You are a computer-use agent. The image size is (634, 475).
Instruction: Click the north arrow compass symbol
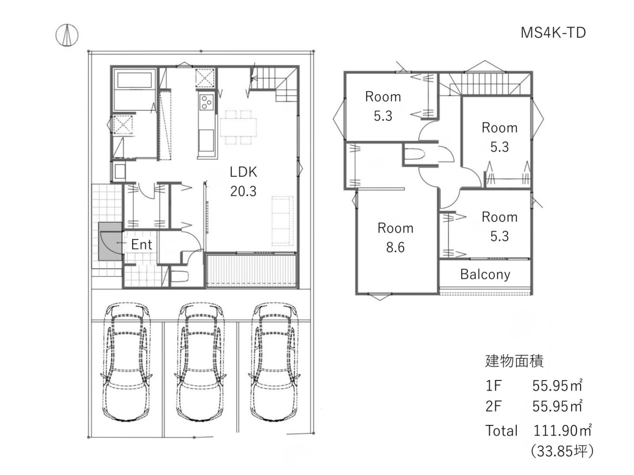(x=67, y=35)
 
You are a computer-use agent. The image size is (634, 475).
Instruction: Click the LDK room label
(x=243, y=172)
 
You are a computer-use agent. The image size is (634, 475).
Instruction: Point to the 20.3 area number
(x=243, y=191)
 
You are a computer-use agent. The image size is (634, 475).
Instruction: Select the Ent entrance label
(x=142, y=244)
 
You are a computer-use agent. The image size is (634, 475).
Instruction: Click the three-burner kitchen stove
(x=207, y=102)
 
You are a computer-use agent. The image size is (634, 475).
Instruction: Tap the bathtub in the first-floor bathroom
(x=134, y=80)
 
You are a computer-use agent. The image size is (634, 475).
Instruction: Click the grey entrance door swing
(x=110, y=242)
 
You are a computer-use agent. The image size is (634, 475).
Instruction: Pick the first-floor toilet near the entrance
(x=180, y=277)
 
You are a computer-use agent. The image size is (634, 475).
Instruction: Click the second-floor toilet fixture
(x=414, y=154)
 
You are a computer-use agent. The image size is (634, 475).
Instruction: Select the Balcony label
(x=485, y=274)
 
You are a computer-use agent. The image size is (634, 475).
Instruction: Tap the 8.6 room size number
(x=395, y=248)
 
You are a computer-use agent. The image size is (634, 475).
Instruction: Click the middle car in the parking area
(x=200, y=362)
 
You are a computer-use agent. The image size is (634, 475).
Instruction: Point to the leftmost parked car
(x=126, y=362)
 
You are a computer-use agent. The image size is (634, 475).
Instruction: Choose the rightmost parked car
(x=274, y=362)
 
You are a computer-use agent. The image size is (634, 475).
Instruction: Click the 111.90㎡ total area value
(x=562, y=431)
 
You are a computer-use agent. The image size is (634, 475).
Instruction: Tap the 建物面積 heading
(x=514, y=361)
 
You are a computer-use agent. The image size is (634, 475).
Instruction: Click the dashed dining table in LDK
(x=238, y=127)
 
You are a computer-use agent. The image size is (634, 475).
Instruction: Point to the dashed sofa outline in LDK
(x=283, y=221)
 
